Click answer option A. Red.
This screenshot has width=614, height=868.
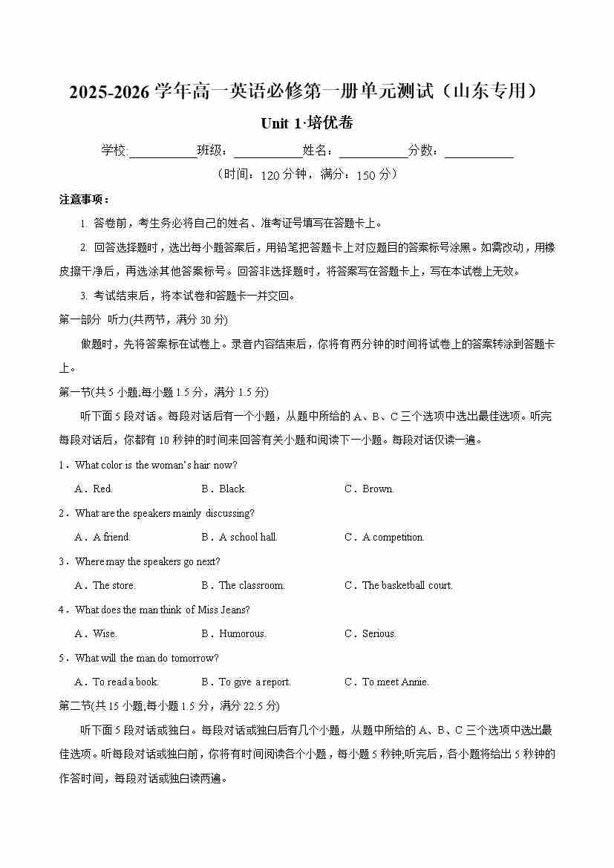tap(94, 489)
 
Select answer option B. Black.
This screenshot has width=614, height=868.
tap(223, 489)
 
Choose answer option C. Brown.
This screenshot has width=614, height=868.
tap(370, 489)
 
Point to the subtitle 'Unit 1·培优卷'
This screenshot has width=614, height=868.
tap(307, 123)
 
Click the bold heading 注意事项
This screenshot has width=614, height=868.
tap(85, 200)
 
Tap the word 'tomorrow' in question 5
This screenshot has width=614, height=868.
tap(198, 658)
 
